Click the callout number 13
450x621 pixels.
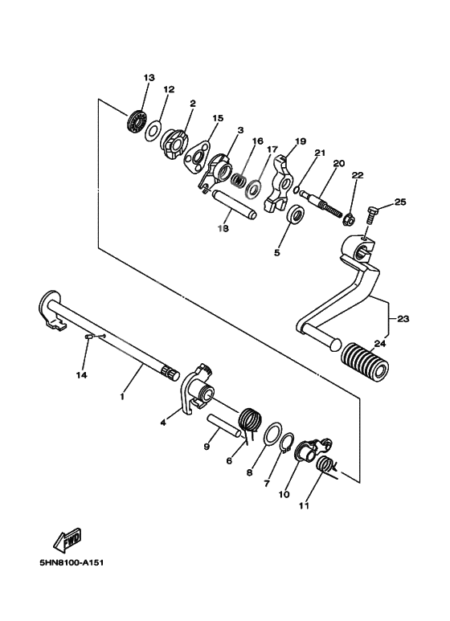(149, 77)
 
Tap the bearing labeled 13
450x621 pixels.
(137, 123)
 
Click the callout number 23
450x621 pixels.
(403, 319)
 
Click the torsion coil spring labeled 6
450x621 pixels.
(252, 421)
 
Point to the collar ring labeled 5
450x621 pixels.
(296, 216)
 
